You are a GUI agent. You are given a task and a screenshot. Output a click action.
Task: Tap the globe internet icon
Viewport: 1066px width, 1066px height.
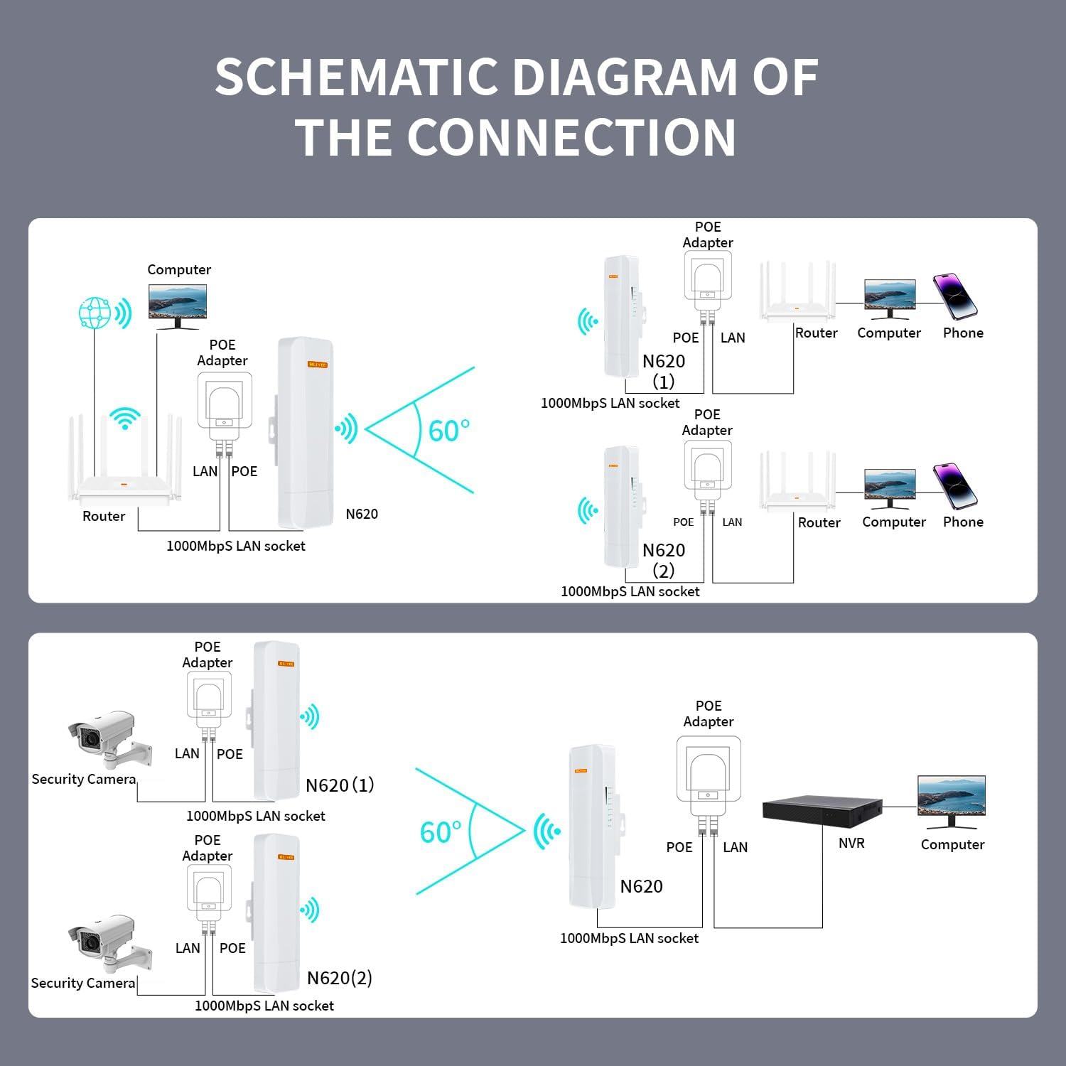coord(95,313)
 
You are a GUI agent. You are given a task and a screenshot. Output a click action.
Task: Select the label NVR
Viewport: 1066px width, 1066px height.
coord(851,844)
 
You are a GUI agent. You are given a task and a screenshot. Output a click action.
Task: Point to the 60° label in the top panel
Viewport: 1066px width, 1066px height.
coord(448,431)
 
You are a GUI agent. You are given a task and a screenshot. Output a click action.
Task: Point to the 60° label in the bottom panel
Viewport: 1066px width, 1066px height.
coord(441,832)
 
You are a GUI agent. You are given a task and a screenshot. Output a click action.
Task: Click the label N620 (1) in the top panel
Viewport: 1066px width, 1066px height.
coord(664,371)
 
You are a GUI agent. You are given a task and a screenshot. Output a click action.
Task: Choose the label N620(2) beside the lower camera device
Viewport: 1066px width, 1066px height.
coord(339,978)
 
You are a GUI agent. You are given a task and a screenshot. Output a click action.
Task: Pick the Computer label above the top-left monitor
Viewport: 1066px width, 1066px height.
coord(179,270)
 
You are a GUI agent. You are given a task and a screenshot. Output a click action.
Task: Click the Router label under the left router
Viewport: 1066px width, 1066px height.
coord(104,517)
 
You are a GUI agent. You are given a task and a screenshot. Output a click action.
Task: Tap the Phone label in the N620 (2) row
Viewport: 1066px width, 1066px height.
coord(963,522)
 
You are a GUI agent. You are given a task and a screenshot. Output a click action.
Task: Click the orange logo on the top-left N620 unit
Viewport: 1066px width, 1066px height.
coord(317,365)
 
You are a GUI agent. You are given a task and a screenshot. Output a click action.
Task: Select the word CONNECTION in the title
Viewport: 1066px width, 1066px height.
coord(571,137)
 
